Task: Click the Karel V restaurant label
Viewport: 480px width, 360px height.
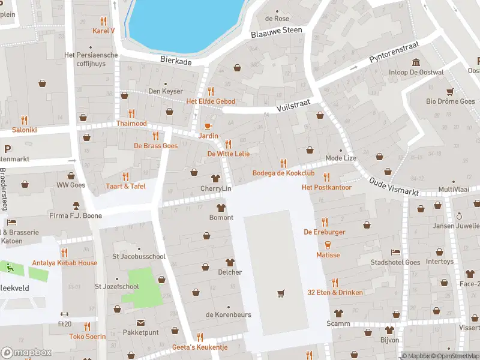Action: (103, 31)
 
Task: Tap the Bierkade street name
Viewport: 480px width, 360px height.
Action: (175, 60)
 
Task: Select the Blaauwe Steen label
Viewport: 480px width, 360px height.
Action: (277, 30)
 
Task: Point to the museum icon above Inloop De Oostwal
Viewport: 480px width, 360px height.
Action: (415, 62)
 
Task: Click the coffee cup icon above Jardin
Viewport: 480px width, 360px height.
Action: (208, 126)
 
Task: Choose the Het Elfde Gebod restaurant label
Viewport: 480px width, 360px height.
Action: (211, 101)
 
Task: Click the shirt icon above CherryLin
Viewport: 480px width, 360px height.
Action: (215, 178)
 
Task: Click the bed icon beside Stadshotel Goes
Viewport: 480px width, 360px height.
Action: (395, 252)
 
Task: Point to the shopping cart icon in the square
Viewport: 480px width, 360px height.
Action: (280, 293)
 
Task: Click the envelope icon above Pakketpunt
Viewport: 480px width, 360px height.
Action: (140, 322)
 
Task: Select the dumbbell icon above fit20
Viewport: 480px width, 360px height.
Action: (64, 314)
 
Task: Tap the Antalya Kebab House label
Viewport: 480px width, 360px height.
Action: (64, 263)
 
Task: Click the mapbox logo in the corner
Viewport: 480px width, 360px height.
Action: (26, 352)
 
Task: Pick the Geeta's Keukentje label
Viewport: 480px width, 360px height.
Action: (200, 347)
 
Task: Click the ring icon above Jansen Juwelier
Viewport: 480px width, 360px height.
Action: (459, 216)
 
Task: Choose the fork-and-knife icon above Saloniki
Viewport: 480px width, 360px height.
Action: (24, 119)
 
